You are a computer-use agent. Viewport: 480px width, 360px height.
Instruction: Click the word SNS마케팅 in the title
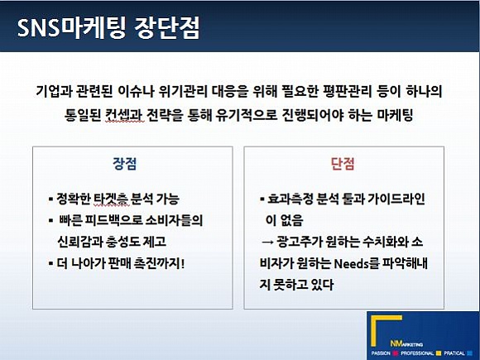coord(71,27)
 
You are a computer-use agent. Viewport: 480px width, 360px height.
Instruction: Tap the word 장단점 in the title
coord(167,27)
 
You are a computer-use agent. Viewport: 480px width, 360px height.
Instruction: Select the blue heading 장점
coord(125,164)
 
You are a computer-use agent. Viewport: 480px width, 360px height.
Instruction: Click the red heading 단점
coord(343,164)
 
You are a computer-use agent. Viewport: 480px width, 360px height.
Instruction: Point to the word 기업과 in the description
coord(52,91)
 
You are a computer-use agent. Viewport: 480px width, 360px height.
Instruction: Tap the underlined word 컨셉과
coord(123,115)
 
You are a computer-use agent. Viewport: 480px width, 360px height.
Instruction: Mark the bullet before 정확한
coord(50,199)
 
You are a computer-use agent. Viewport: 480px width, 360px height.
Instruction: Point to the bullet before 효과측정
coord(262,199)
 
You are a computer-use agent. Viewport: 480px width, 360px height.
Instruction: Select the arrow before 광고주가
coord(267,242)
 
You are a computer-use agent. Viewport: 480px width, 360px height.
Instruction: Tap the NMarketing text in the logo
coord(406,344)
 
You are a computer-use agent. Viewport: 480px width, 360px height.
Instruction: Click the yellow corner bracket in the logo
coord(374,330)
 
